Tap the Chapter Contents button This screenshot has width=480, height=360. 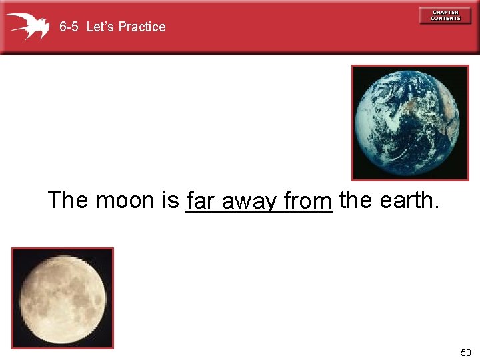point(445,15)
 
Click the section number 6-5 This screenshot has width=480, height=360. point(69,27)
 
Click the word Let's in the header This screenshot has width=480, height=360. point(101,27)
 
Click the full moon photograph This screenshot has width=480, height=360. point(63,298)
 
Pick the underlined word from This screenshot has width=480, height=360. point(307,201)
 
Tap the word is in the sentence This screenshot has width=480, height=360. point(171,200)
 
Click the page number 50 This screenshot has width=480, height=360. point(465,352)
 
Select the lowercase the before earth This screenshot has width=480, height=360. point(355,200)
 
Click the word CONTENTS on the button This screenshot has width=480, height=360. point(445,19)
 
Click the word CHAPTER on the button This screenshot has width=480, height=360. point(445,12)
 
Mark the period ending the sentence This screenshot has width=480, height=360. point(437,207)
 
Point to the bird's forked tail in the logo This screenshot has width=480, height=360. point(13,20)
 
